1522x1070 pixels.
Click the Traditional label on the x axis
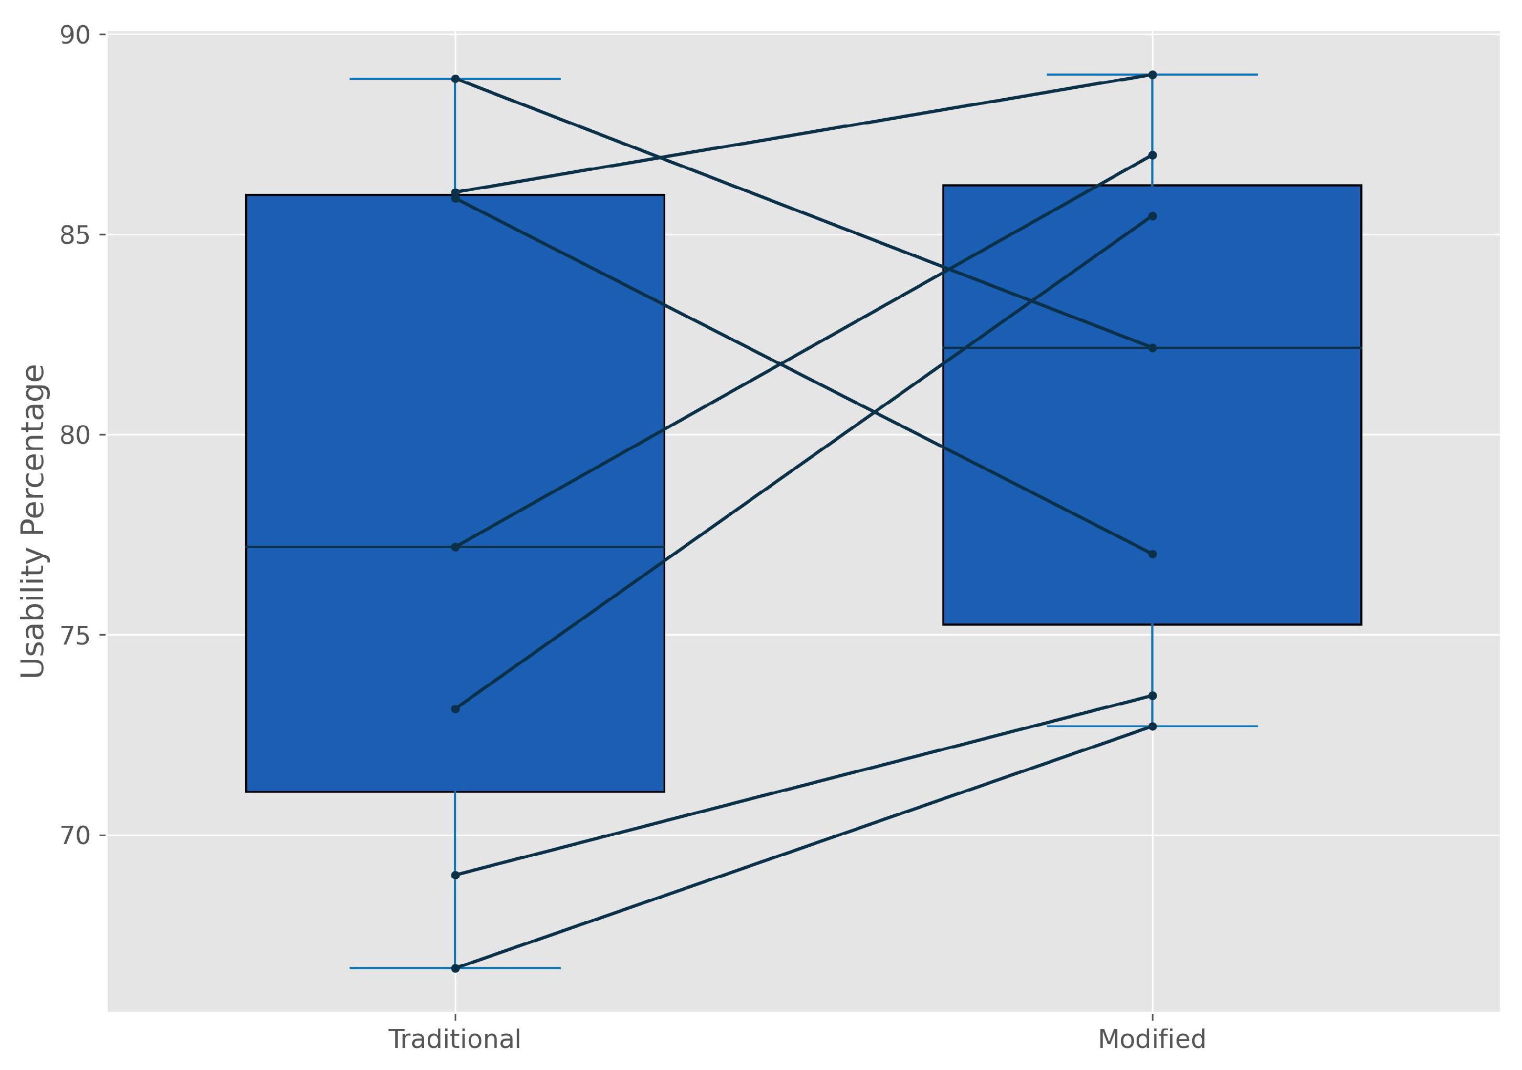[455, 1040]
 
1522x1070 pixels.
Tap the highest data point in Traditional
[455, 79]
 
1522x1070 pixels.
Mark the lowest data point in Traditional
[455, 969]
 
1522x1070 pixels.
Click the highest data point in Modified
[1153, 75]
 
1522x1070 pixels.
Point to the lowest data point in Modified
[1153, 726]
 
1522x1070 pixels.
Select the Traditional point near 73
[455, 709]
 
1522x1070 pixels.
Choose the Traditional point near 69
[455, 876]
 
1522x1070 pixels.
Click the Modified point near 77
[1153, 554]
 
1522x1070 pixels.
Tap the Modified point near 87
[1153, 155]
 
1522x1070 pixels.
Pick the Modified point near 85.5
[1153, 216]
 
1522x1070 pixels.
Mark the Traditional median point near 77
[455, 547]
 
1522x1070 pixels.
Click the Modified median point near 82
[1153, 348]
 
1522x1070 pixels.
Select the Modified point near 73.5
[1153, 696]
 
